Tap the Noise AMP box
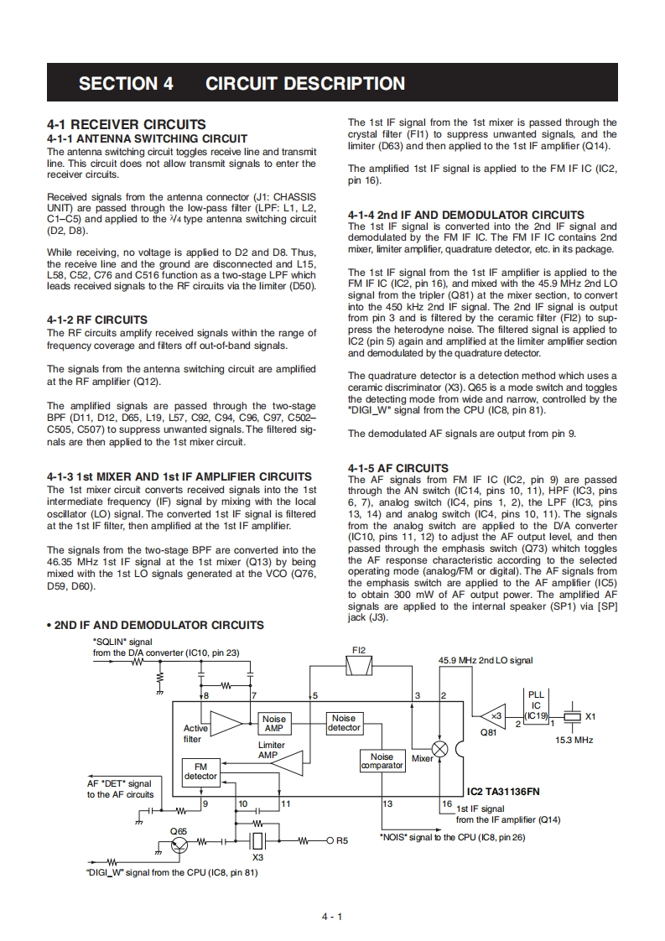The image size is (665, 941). coord(273,724)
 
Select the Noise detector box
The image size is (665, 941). coord(344,723)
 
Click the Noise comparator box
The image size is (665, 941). coord(382,761)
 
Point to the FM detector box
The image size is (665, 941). coord(200,772)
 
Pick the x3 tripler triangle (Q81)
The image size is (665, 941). coord(494,715)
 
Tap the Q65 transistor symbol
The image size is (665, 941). coord(179,845)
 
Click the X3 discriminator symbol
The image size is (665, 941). coord(258,840)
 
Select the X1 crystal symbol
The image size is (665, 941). coord(573,717)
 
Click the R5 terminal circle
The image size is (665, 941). coord(330,840)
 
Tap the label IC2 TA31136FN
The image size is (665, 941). coord(504,791)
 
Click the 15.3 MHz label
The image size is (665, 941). coord(574,741)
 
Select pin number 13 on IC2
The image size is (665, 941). coord(387,803)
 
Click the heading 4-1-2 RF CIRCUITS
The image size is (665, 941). coord(97,320)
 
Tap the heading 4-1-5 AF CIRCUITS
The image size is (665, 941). coord(397,468)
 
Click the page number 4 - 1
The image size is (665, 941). coord(332,916)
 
